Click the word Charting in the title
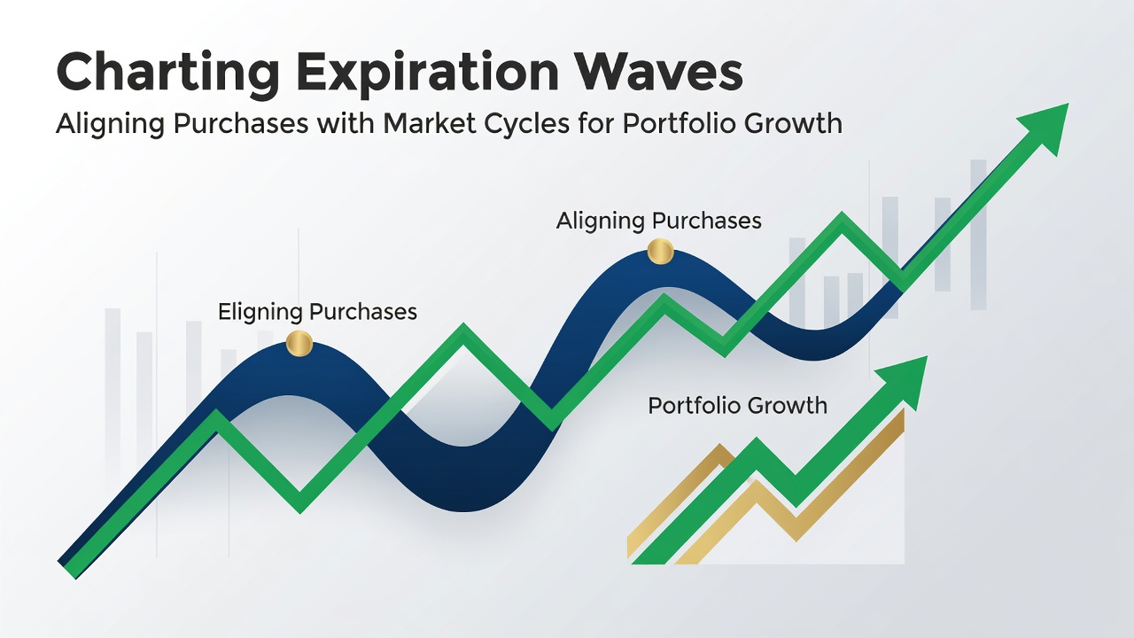[x=167, y=73]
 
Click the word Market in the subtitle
[x=430, y=123]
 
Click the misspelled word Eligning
[x=260, y=313]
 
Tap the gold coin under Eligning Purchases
[x=299, y=343]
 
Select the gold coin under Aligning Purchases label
[x=660, y=252]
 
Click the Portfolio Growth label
[x=738, y=406]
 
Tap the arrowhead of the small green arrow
[x=906, y=380]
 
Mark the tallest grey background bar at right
[x=979, y=235]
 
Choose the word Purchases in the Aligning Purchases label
[x=706, y=221]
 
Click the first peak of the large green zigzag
[x=217, y=416]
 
